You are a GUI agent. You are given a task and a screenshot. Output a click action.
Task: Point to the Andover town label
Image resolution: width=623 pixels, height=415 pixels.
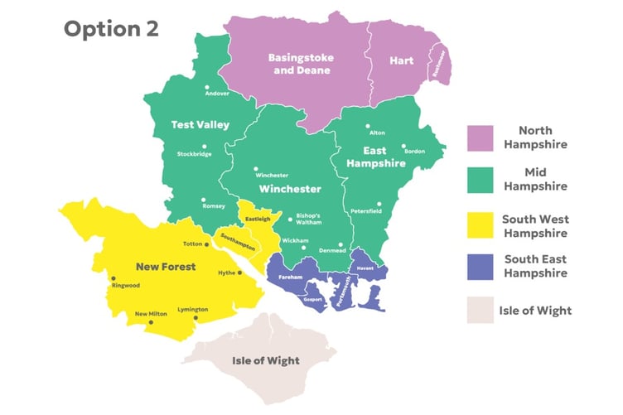[x=216, y=94]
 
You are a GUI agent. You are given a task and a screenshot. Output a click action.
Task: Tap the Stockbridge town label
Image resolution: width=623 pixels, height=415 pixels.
[x=195, y=154]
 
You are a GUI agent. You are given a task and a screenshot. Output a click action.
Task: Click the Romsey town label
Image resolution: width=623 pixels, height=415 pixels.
[x=213, y=206]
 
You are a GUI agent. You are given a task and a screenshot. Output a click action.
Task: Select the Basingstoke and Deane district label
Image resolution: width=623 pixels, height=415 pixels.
[x=299, y=64]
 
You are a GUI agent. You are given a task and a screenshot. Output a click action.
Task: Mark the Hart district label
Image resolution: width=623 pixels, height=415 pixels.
[x=403, y=60]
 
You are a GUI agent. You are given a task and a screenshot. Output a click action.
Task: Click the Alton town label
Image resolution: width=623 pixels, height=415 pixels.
[x=377, y=133]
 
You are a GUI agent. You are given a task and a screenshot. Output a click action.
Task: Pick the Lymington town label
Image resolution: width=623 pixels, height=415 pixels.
[x=192, y=309]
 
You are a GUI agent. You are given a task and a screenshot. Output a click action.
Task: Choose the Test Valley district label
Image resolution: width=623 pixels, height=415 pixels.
[x=200, y=124]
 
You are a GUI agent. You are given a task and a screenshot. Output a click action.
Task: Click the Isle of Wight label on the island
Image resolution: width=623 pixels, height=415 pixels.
[x=266, y=361]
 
